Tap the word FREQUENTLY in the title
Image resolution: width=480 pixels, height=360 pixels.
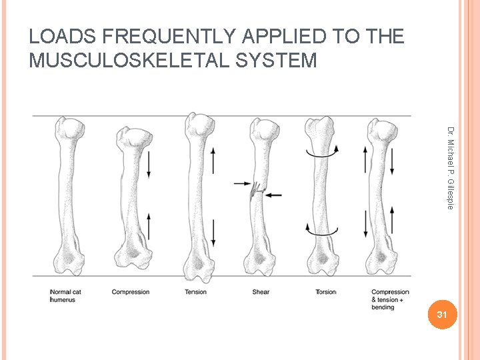(x=159, y=36)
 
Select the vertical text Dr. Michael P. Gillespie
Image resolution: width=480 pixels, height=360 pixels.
(x=451, y=167)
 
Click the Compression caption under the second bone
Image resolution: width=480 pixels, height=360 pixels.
(x=131, y=292)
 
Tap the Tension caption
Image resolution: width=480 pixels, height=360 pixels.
(x=196, y=292)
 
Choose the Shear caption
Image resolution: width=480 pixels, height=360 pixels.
(x=261, y=292)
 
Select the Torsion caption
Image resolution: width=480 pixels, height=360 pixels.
(x=326, y=292)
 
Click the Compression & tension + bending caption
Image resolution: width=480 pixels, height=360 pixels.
(x=390, y=299)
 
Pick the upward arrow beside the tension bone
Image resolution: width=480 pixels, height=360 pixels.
(x=213, y=160)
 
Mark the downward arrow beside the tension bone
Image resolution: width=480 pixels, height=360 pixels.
(x=213, y=232)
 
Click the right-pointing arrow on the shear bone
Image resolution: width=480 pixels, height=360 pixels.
(x=243, y=183)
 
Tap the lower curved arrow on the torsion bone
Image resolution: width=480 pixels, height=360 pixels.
(x=322, y=230)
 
